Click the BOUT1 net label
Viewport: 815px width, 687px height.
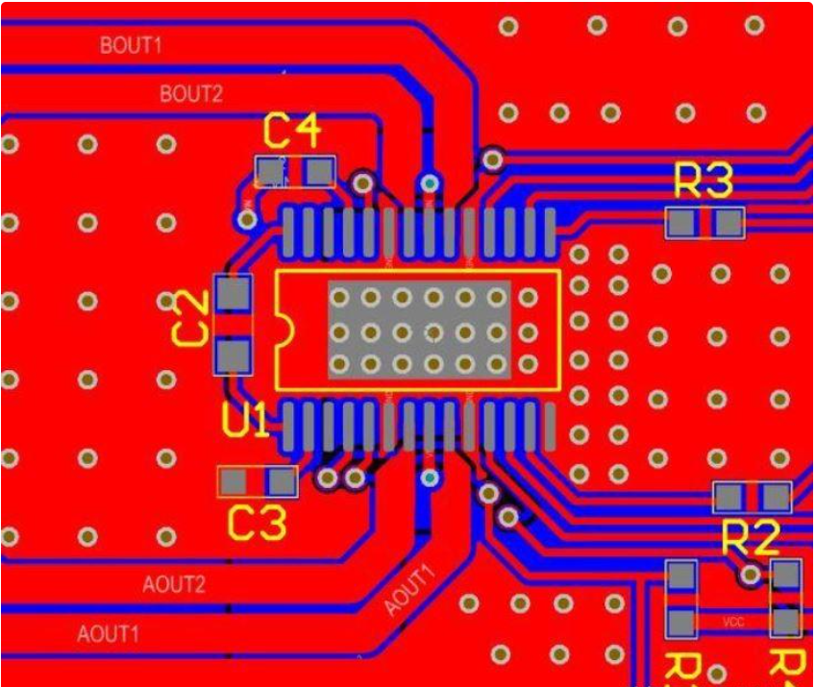tap(132, 45)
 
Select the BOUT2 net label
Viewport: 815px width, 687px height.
tap(191, 94)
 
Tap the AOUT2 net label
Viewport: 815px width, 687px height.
tap(174, 584)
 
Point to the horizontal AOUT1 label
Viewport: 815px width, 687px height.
tap(109, 634)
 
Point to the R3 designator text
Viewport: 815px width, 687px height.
tap(704, 181)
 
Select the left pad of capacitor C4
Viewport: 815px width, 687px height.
tap(272, 172)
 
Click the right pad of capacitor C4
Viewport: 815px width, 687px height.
tap(319, 172)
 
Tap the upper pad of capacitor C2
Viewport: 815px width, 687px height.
tap(232, 294)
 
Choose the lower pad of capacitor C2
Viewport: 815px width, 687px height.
tap(232, 357)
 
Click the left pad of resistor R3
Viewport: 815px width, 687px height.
tap(681, 224)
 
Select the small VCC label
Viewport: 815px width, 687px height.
tap(733, 623)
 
